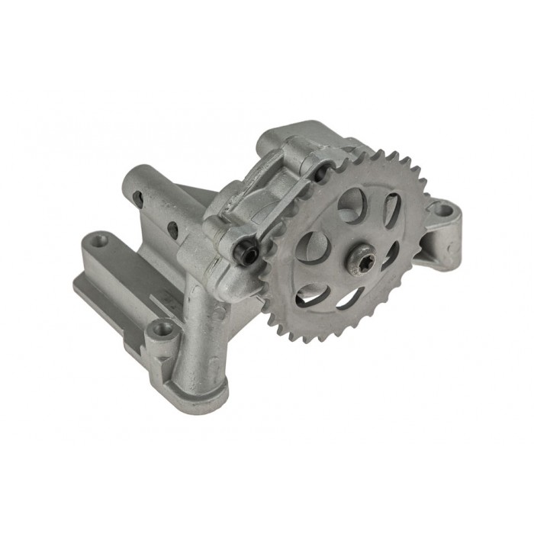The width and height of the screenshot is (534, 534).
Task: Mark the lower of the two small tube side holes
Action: [175, 227]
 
